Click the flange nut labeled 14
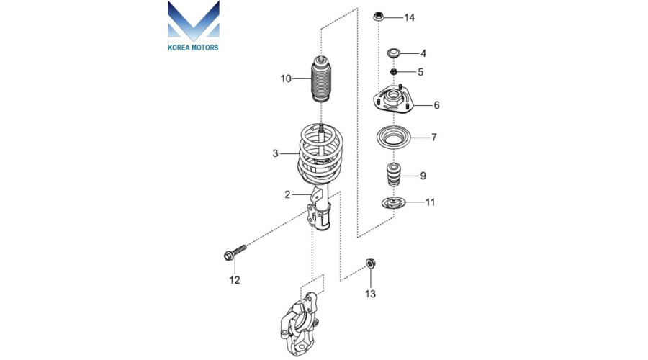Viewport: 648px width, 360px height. pyautogui.click(x=379, y=17)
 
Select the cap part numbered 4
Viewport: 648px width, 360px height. pyautogui.click(x=394, y=53)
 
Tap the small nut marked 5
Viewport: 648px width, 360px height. pyautogui.click(x=394, y=72)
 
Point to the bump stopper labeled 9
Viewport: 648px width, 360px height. pyautogui.click(x=393, y=175)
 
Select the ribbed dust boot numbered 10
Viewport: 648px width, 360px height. pyautogui.click(x=320, y=78)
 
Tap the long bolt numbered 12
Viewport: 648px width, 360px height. pyautogui.click(x=235, y=253)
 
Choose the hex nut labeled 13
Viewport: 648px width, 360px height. pyautogui.click(x=371, y=264)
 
